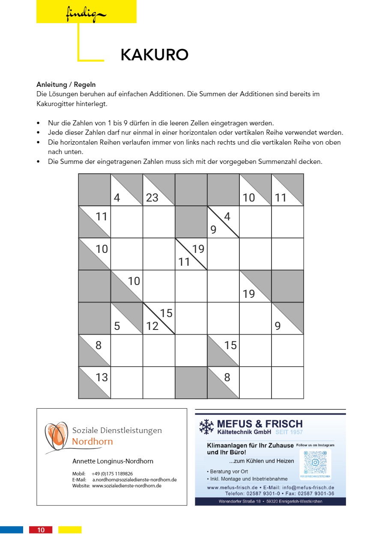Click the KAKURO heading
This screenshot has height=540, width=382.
point(155,55)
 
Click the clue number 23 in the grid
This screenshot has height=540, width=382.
point(152,198)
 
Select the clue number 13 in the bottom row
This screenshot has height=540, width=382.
point(101,377)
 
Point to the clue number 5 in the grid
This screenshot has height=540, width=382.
point(117,326)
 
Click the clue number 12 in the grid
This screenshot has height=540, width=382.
point(152,326)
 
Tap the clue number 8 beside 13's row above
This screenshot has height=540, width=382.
point(98,345)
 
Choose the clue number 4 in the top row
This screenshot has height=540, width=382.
point(117,198)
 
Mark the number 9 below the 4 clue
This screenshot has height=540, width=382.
point(213,230)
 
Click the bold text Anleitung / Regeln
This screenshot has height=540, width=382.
point(66,85)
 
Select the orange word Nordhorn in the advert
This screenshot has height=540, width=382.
point(93,442)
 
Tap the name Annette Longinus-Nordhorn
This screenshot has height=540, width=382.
point(113,461)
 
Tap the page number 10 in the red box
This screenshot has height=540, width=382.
point(41,530)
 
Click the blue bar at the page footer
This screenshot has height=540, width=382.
point(12,530)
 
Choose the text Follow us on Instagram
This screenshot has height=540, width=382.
point(315,445)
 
